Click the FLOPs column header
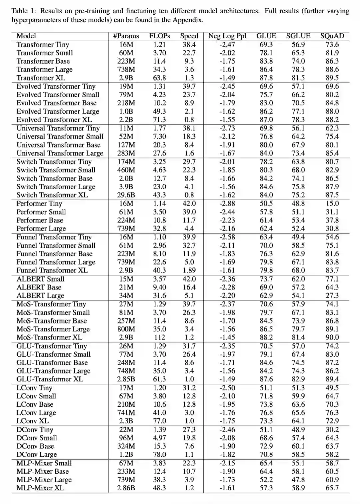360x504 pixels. point(159,36)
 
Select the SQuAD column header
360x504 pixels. point(332,36)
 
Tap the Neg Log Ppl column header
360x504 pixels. point(227,36)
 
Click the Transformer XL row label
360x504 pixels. point(41,78)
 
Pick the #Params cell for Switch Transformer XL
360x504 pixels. point(126,195)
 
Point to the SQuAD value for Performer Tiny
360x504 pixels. point(332,204)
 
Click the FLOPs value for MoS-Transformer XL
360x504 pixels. point(159,337)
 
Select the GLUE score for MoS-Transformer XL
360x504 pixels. point(266,337)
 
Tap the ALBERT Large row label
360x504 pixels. point(40,296)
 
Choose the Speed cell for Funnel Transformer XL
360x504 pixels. point(189,270)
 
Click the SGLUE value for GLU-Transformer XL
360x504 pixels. point(298,379)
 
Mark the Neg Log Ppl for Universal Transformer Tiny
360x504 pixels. point(227,128)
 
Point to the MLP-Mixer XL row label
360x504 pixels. point(40,488)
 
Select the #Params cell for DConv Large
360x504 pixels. point(126,454)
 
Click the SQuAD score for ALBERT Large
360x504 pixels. point(332,296)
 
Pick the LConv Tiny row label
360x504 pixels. point(34,388)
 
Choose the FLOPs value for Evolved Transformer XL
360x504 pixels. point(159,120)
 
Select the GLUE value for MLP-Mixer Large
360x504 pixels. point(266,480)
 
